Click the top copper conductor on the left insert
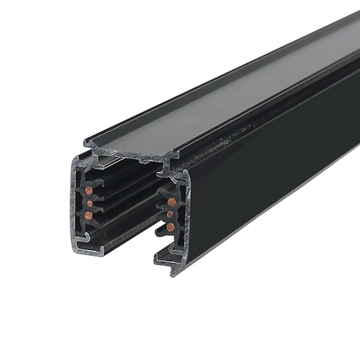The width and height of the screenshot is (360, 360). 89,191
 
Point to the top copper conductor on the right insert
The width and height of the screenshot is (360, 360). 172,202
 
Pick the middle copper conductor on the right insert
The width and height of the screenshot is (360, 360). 169,214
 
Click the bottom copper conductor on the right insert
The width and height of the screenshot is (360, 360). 170,227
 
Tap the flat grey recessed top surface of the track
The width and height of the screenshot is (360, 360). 211,105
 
